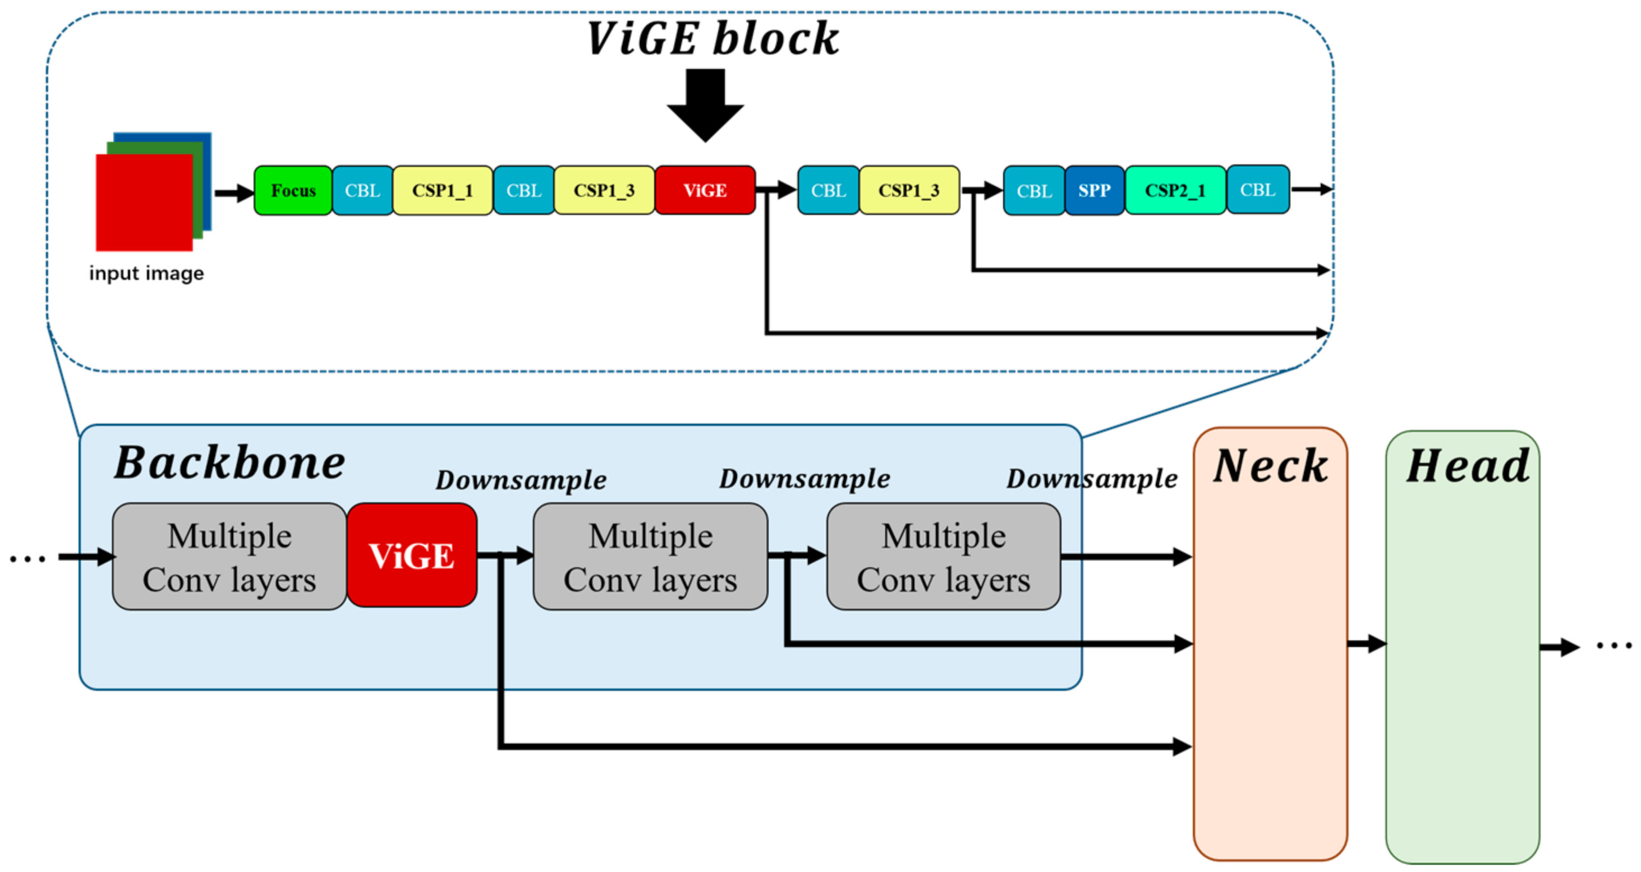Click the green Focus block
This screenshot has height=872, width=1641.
(293, 190)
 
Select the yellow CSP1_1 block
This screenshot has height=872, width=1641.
(442, 190)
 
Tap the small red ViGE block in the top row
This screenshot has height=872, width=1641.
(705, 190)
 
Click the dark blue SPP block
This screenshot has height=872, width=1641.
(1094, 190)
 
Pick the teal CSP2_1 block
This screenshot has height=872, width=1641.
(1175, 190)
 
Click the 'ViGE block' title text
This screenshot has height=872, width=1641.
(712, 39)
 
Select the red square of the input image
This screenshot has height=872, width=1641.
(144, 203)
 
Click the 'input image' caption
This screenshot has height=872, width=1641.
(146, 273)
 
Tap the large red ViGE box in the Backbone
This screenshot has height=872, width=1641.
(412, 556)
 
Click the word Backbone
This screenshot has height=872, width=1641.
(229, 463)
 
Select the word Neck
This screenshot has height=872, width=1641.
(1270, 466)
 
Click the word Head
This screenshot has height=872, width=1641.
(1467, 466)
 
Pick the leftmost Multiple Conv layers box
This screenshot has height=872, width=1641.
(229, 557)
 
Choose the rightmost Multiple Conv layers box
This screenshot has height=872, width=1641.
(944, 557)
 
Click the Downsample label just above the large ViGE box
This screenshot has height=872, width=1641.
(521, 480)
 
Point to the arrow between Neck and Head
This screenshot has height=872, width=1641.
(1367, 644)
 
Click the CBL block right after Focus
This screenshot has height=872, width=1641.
(362, 190)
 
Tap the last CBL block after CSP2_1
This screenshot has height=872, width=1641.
(1257, 190)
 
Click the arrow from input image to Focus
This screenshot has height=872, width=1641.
(234, 192)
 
